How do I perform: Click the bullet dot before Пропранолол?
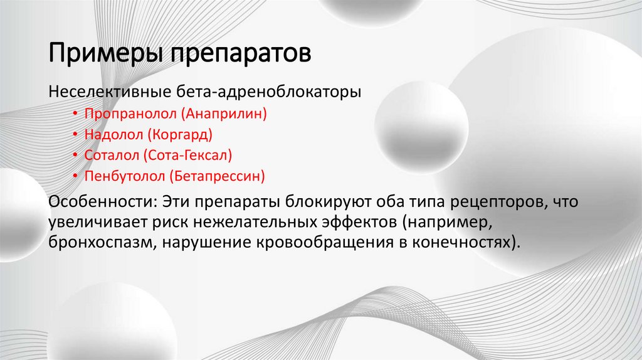click(75, 114)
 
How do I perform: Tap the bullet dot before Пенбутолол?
click(75, 176)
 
